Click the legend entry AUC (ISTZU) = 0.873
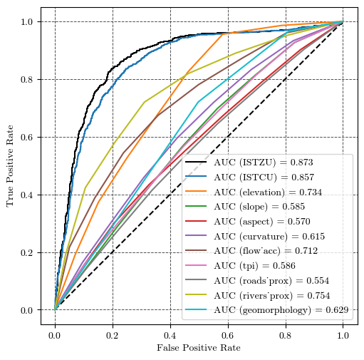click(x=263, y=163)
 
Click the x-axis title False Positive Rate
click(x=199, y=348)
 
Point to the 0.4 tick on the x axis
click(x=170, y=333)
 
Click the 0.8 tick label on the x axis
click(x=286, y=333)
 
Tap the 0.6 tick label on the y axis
click(x=27, y=137)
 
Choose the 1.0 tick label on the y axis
click(x=27, y=21)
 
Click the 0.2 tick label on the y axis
click(x=27, y=252)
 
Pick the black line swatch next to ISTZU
click(x=197, y=163)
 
